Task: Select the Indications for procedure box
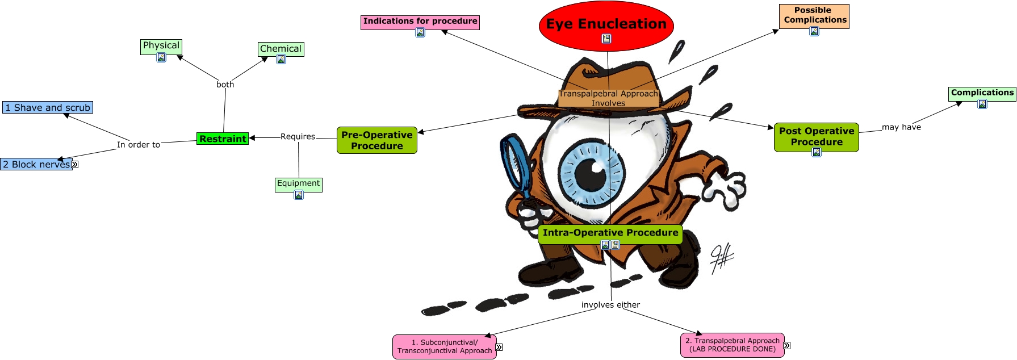coord(420,22)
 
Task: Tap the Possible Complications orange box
coord(814,15)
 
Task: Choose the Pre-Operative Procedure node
coord(376,140)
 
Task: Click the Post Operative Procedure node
coord(816,137)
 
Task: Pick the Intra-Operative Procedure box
coord(610,233)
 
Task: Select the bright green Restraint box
coord(223,139)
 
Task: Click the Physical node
coord(161,45)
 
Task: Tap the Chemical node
coord(281,49)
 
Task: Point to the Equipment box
coord(298,183)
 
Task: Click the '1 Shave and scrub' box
coord(47,107)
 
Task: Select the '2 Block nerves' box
coord(36,164)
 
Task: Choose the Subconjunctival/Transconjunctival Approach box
coord(444,346)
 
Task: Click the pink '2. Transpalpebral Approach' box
coord(732,345)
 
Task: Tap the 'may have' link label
coord(901,127)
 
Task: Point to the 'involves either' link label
coord(610,305)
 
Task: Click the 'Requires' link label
coord(298,136)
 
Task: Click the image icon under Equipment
coord(299,195)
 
